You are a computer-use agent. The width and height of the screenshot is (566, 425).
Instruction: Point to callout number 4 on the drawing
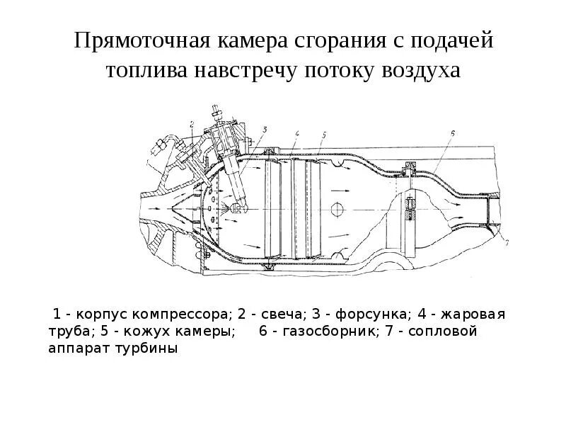pos(298,133)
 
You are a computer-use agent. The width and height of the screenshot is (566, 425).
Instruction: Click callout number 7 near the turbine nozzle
pos(507,243)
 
